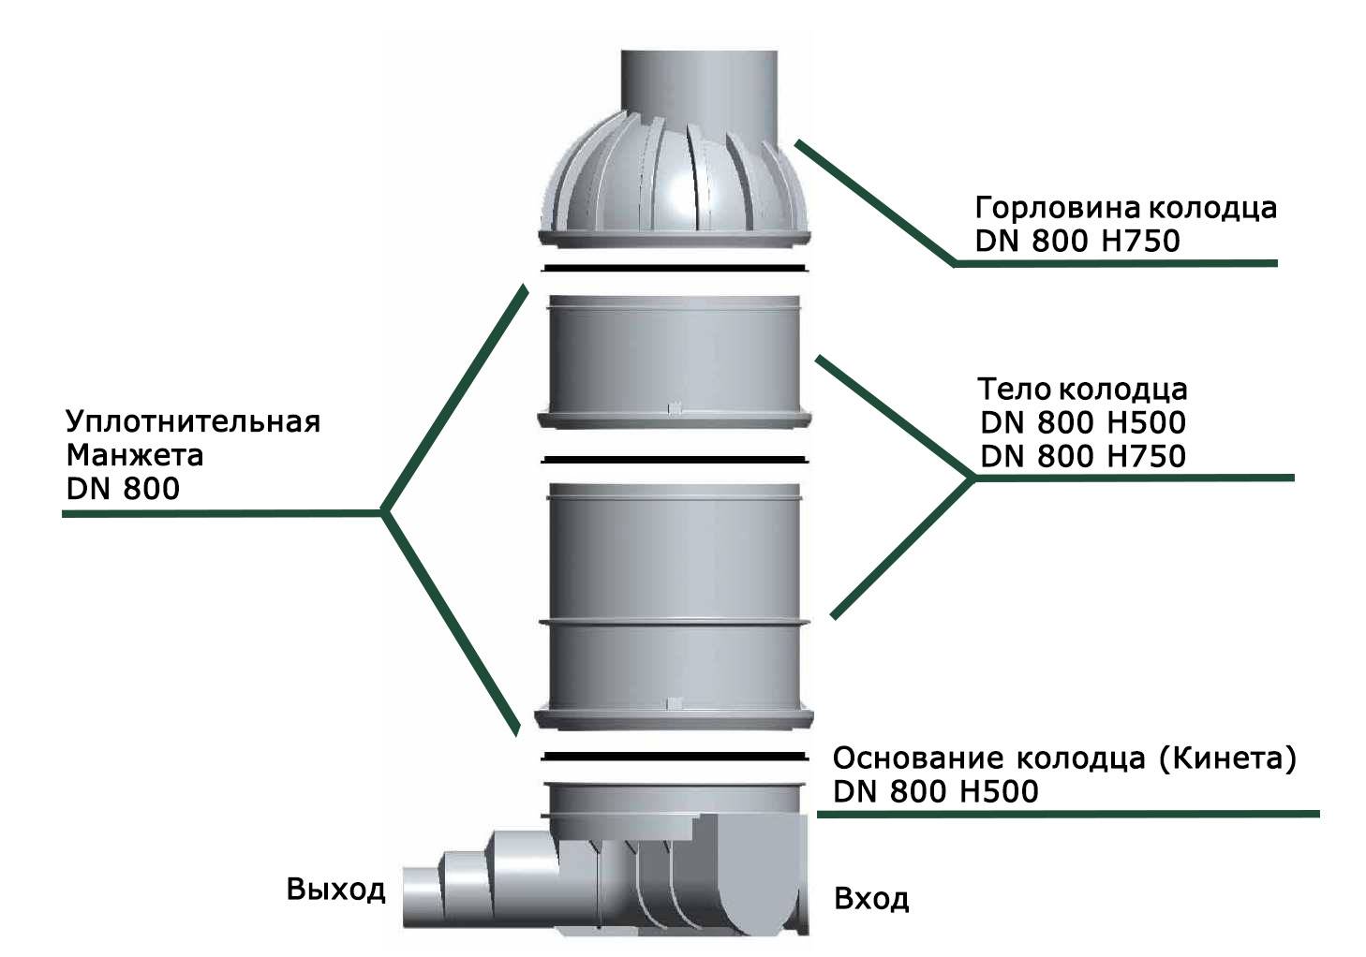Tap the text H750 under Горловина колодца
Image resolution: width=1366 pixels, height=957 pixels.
point(1141,241)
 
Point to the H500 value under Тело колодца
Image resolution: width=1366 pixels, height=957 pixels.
point(1147,422)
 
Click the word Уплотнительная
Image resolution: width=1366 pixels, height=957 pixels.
point(193,421)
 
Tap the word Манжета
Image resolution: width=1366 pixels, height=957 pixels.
point(134,455)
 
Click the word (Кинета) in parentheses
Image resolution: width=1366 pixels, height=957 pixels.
point(1227,758)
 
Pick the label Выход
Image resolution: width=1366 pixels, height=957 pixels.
point(336,890)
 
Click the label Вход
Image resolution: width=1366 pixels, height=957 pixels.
point(871,899)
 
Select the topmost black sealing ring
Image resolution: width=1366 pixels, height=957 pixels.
point(675,268)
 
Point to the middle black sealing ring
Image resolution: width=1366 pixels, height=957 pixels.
point(675,460)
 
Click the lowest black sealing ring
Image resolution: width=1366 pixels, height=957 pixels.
point(675,757)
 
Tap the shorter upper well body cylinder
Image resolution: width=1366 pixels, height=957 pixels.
point(675,361)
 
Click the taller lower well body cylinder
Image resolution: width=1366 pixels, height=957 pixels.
point(674,606)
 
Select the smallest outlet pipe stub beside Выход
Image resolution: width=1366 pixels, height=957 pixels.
point(423,896)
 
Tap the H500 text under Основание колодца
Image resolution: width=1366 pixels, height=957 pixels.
point(1000,792)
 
